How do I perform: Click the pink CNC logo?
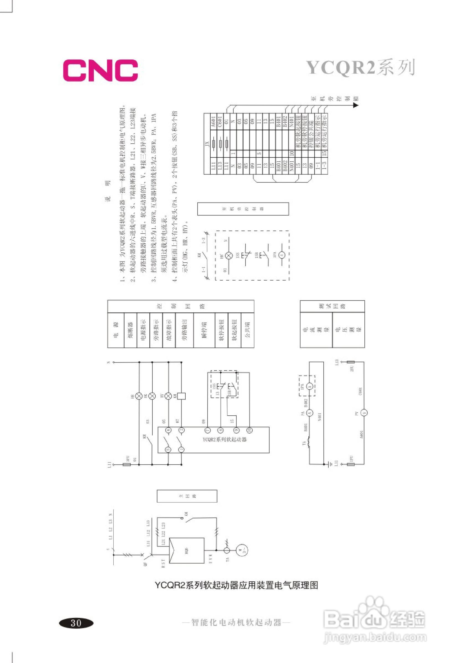pyautogui.click(x=101, y=70)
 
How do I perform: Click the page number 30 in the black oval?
pyautogui.click(x=76, y=623)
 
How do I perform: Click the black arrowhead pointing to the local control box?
pyautogui.click(x=356, y=105)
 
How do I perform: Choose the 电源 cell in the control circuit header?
pyautogui.click(x=116, y=330)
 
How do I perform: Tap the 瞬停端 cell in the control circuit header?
pyautogui.click(x=204, y=330)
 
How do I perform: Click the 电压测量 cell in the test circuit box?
pyautogui.click(x=349, y=330)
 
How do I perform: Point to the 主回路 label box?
pyautogui.click(x=187, y=496)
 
